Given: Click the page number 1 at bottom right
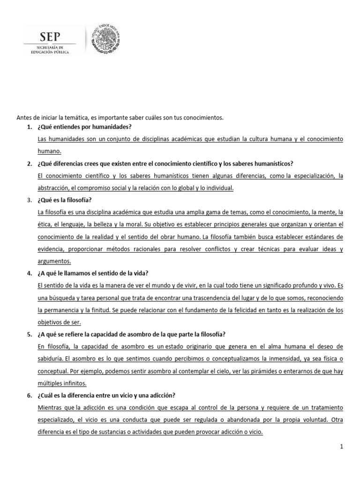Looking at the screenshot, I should click(342, 447).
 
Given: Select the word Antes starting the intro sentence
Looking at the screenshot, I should click(24, 118).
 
